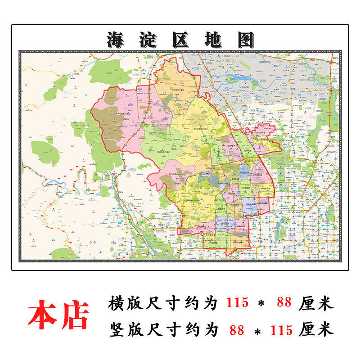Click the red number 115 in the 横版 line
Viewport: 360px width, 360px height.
[237, 303]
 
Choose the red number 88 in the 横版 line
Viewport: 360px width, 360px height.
[284, 303]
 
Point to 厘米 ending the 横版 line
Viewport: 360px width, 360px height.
[317, 303]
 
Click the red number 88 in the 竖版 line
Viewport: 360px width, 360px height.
[237, 330]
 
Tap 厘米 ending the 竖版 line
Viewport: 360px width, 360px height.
[317, 330]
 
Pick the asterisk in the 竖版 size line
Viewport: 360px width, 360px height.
[258, 331]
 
